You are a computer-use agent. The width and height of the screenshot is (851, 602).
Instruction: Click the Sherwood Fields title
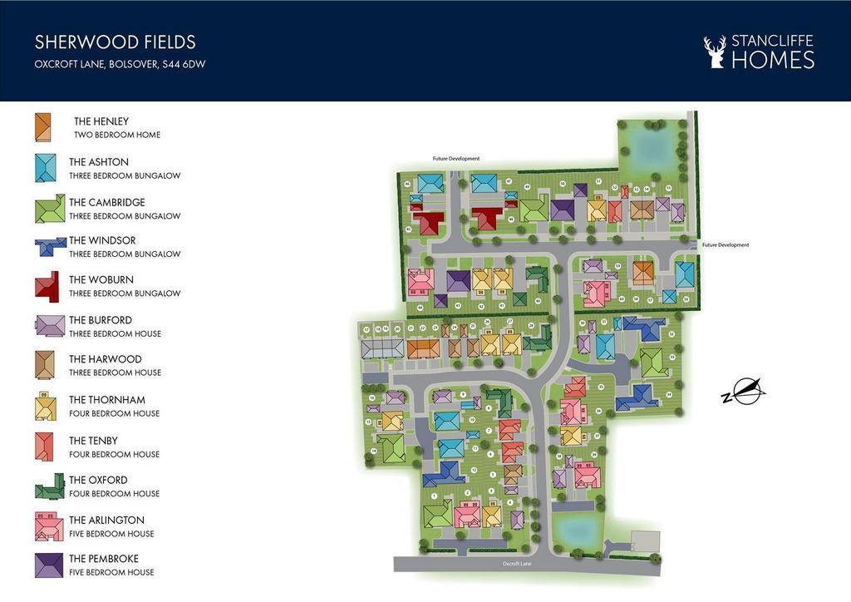click(x=115, y=42)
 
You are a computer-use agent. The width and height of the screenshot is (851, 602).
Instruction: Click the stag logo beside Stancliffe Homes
click(x=714, y=52)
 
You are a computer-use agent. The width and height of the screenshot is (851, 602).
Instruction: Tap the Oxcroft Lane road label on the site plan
click(x=516, y=564)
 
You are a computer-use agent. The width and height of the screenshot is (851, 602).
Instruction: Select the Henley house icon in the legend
click(x=44, y=128)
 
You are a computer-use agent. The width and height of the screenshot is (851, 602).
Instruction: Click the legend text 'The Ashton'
click(x=99, y=162)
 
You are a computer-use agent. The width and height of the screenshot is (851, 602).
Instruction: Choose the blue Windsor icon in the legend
click(x=50, y=247)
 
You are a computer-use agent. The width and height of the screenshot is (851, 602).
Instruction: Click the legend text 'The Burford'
click(x=101, y=320)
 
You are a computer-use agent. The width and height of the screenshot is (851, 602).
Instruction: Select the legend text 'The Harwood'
click(x=105, y=359)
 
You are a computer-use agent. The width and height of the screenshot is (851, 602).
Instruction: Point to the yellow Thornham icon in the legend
click(x=46, y=406)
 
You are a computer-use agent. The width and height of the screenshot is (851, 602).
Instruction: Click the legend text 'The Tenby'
click(x=93, y=441)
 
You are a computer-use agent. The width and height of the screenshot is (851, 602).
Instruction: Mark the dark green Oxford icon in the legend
click(x=49, y=486)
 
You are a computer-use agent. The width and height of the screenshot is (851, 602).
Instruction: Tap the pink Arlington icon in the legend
click(x=47, y=526)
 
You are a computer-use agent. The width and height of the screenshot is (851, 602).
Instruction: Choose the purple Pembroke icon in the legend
click(x=48, y=565)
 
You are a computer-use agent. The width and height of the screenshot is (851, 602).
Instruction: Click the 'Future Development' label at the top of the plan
click(x=455, y=158)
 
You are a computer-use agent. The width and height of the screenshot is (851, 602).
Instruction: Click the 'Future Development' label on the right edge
click(x=725, y=245)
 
